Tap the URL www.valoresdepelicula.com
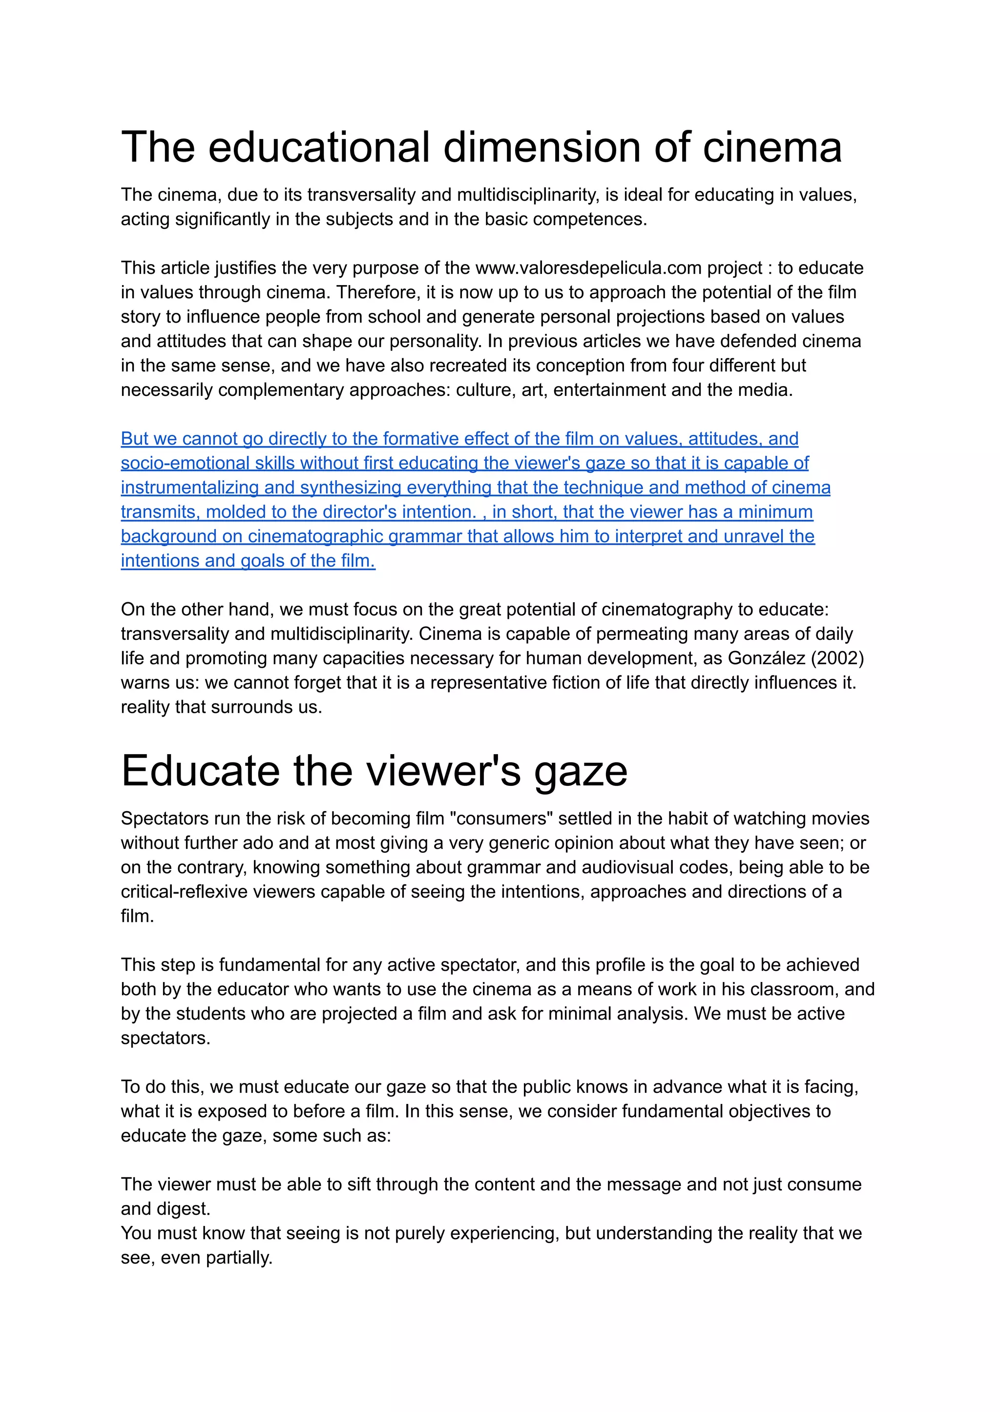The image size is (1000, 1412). click(x=588, y=268)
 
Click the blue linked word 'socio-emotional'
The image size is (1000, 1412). click(x=185, y=463)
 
